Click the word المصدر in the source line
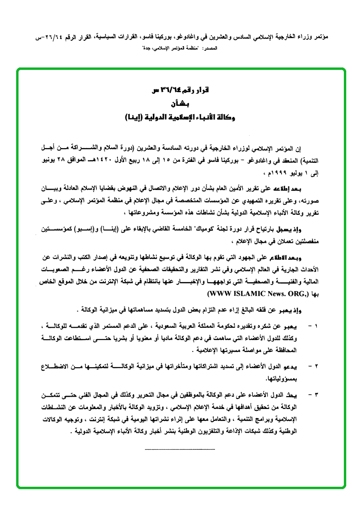tap(210, 49)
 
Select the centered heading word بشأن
tap(180, 103)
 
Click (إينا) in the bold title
tap(133, 116)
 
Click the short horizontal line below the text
tap(180, 449)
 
